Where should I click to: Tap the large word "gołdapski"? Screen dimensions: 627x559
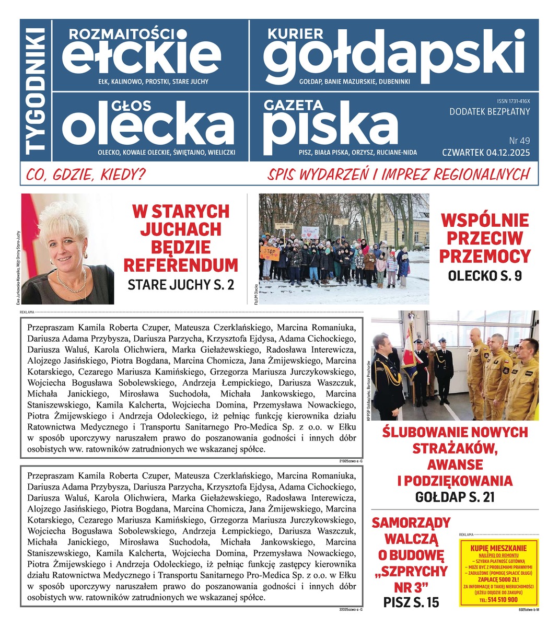[394, 55]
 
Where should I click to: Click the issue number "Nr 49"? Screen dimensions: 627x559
[519, 141]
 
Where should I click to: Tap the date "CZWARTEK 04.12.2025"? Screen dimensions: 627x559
[486, 153]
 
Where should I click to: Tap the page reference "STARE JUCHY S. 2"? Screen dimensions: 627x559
[181, 285]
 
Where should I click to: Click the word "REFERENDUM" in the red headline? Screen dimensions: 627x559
[181, 265]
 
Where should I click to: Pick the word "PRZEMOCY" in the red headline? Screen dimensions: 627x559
[484, 256]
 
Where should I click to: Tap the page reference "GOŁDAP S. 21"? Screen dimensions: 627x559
[455, 497]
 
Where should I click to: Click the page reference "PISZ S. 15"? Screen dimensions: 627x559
[411, 602]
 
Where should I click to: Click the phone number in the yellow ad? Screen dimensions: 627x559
[498, 600]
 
